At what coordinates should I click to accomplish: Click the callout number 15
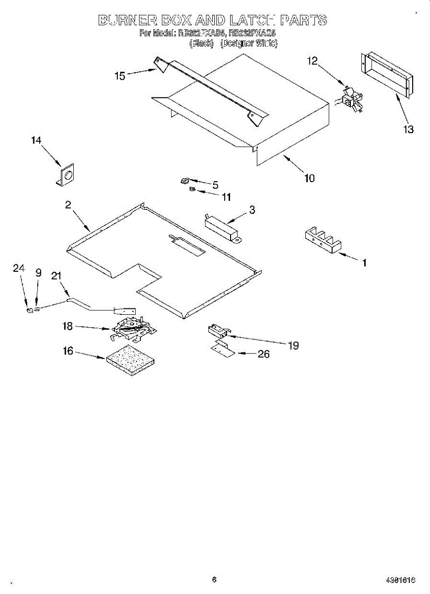pyautogui.click(x=120, y=76)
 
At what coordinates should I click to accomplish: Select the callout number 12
pyautogui.click(x=312, y=61)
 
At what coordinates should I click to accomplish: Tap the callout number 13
pyautogui.click(x=408, y=130)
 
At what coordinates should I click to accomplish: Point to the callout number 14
pyautogui.click(x=36, y=141)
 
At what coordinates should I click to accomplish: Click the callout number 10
pyautogui.click(x=309, y=178)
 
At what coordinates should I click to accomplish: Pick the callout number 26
pyautogui.click(x=264, y=354)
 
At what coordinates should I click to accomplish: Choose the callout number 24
pyautogui.click(x=18, y=268)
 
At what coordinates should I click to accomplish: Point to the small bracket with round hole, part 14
pyautogui.click(x=65, y=176)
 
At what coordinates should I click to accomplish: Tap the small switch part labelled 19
pyautogui.click(x=217, y=330)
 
